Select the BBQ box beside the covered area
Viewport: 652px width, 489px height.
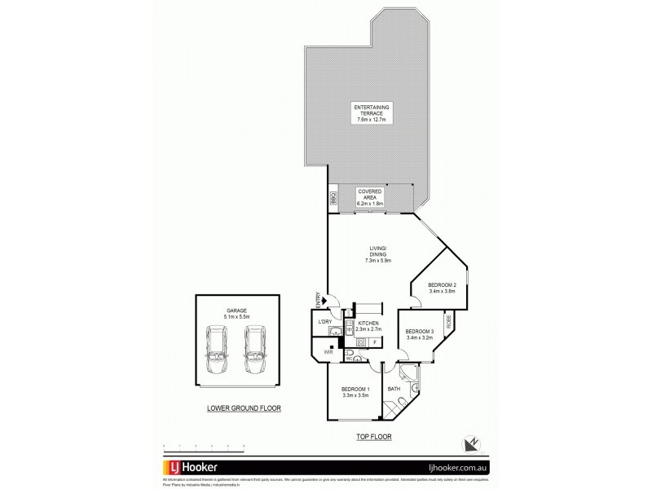pos(334,197)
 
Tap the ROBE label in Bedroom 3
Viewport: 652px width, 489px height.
pos(449,323)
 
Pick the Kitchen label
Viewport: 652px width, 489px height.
pos(368,324)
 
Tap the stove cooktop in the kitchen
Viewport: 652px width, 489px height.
pos(361,342)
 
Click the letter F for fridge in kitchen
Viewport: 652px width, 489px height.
pos(374,343)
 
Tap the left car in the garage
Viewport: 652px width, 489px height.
pos(218,347)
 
